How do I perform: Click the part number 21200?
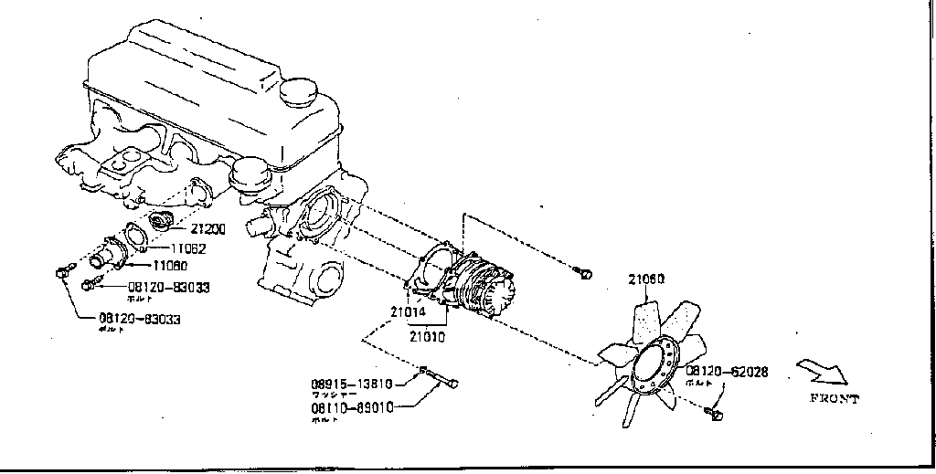pyautogui.click(x=207, y=229)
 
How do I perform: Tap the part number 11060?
pyautogui.click(x=171, y=266)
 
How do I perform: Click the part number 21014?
pyautogui.click(x=409, y=312)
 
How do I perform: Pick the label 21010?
pyautogui.click(x=427, y=336)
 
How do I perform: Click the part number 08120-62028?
pyautogui.click(x=727, y=372)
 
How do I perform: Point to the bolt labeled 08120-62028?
pyautogui.click(x=715, y=416)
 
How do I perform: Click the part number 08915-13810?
pyautogui.click(x=352, y=384)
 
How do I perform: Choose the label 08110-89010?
pyautogui.click(x=352, y=408)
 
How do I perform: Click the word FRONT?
pyautogui.click(x=834, y=398)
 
